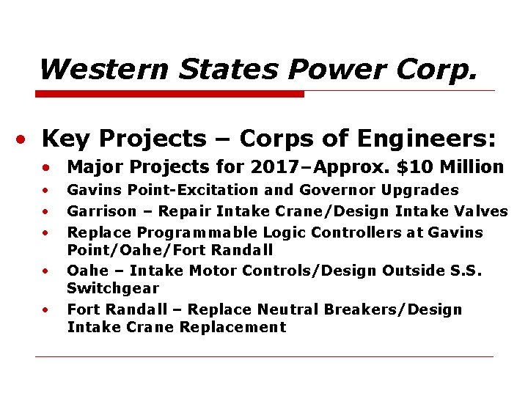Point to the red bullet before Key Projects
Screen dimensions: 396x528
pos(24,139)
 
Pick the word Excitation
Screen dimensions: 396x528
pos(222,190)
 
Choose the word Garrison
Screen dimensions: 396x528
pos(102,211)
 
